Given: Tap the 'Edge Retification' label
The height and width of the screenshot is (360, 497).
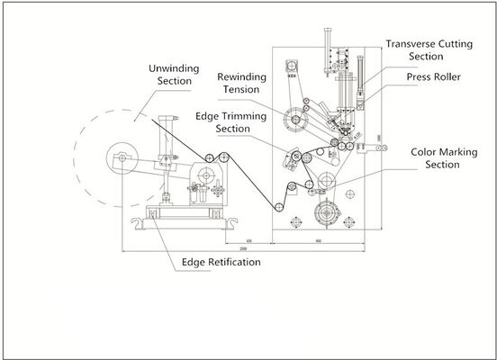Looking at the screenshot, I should pyautogui.click(x=221, y=262).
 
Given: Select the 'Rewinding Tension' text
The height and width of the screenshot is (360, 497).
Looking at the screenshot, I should pyautogui.click(x=240, y=83).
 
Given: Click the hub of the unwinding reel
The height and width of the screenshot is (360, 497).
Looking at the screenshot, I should pyautogui.click(x=120, y=158).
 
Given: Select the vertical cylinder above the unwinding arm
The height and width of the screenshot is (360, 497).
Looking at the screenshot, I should pyautogui.click(x=165, y=135).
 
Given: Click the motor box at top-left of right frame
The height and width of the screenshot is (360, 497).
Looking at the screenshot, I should pyautogui.click(x=292, y=67).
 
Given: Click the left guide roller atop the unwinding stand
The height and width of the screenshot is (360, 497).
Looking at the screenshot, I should pyautogui.click(x=209, y=160).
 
